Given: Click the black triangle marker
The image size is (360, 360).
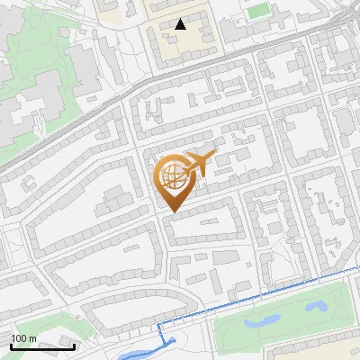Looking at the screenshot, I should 181,24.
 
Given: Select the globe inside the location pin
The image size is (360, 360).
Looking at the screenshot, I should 171,177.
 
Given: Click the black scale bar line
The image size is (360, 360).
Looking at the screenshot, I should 42,346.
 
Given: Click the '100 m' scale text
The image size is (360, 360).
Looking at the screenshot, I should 24,338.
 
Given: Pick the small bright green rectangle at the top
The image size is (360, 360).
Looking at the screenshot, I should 259,10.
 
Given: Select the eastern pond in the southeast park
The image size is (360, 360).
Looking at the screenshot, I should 316,307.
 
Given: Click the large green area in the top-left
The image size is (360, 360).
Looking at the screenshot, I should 36,54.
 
